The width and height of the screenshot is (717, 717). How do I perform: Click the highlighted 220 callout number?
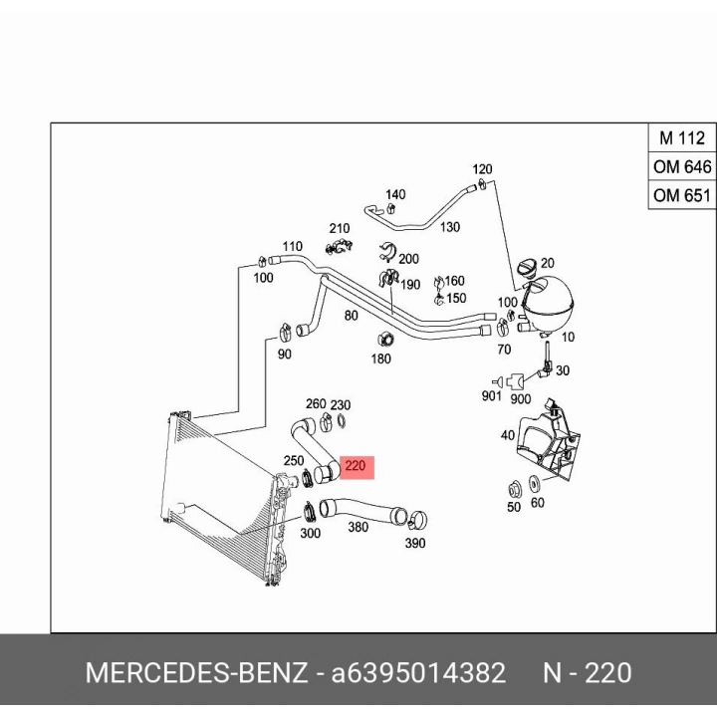[x=356, y=466]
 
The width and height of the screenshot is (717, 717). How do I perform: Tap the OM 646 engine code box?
[x=682, y=166]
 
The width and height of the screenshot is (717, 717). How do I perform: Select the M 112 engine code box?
[x=682, y=137]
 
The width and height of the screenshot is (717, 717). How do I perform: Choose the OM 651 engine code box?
[x=682, y=195]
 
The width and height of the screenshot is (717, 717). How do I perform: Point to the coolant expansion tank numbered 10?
[x=547, y=305]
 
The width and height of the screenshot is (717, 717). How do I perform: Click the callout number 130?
[x=450, y=227]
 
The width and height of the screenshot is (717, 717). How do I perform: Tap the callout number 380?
[x=358, y=527]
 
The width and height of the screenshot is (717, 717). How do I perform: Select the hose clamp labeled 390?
[x=417, y=519]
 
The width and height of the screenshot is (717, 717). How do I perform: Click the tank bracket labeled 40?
[x=549, y=441]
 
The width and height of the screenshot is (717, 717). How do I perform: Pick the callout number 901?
[x=492, y=396]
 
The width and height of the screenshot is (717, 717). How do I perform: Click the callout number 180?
[x=380, y=358]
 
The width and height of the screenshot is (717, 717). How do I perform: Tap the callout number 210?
[x=340, y=228]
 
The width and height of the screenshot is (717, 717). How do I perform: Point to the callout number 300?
[x=310, y=533]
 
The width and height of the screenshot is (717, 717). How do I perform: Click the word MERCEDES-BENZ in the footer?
[x=196, y=673]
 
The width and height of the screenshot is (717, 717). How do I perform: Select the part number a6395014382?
[x=418, y=673]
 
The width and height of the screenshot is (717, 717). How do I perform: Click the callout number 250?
[x=294, y=460]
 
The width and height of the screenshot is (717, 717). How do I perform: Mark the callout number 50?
[x=514, y=507]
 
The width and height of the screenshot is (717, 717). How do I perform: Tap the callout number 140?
[x=395, y=195]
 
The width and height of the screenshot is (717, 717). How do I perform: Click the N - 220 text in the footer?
[x=588, y=673]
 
